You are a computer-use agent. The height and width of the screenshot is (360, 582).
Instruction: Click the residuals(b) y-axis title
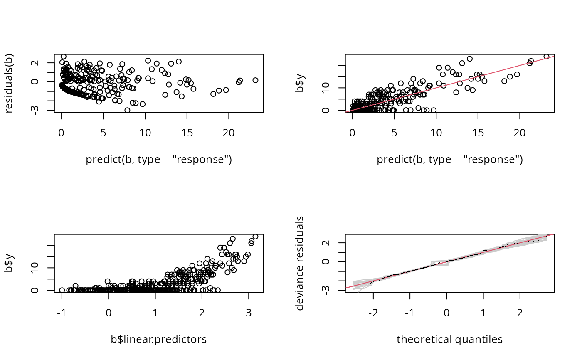click(x=9, y=83)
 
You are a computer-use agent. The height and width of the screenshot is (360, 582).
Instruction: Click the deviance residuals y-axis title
click(x=300, y=263)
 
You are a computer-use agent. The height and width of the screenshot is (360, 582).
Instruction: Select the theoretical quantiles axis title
click(x=449, y=340)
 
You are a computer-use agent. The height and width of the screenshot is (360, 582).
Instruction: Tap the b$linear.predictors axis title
click(x=158, y=340)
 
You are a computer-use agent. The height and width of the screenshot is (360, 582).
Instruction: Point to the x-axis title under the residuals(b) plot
click(x=158, y=160)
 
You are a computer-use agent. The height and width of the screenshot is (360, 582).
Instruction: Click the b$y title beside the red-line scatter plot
click(x=300, y=83)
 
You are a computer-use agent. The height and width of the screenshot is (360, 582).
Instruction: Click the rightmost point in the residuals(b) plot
click(x=255, y=80)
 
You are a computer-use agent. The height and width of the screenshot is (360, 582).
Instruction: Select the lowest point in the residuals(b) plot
click(x=127, y=110)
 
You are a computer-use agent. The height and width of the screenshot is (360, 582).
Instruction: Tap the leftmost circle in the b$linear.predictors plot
click(x=62, y=290)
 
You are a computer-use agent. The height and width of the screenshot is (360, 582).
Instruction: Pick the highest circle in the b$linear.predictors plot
click(x=255, y=237)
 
